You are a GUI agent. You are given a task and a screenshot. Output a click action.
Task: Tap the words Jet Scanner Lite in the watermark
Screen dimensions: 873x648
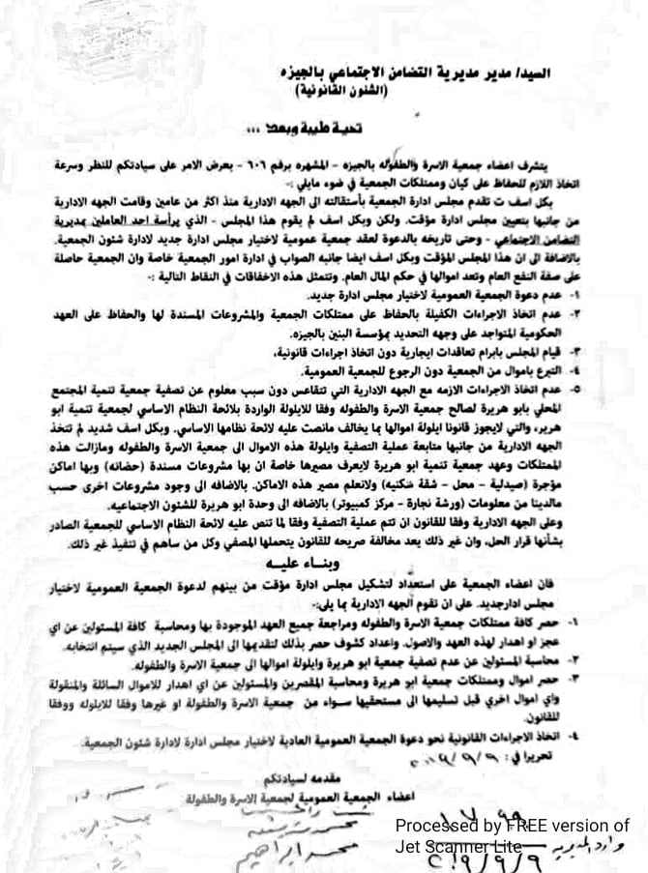[451, 845]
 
